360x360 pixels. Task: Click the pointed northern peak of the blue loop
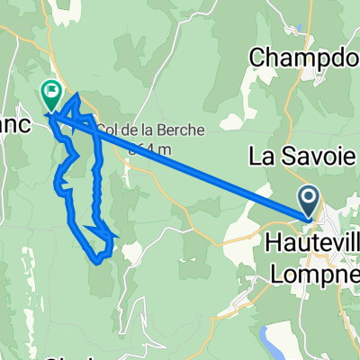(75, 94)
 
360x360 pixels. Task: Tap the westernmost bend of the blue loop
(59, 187)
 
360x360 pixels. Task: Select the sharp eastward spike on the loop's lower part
(114, 236)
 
